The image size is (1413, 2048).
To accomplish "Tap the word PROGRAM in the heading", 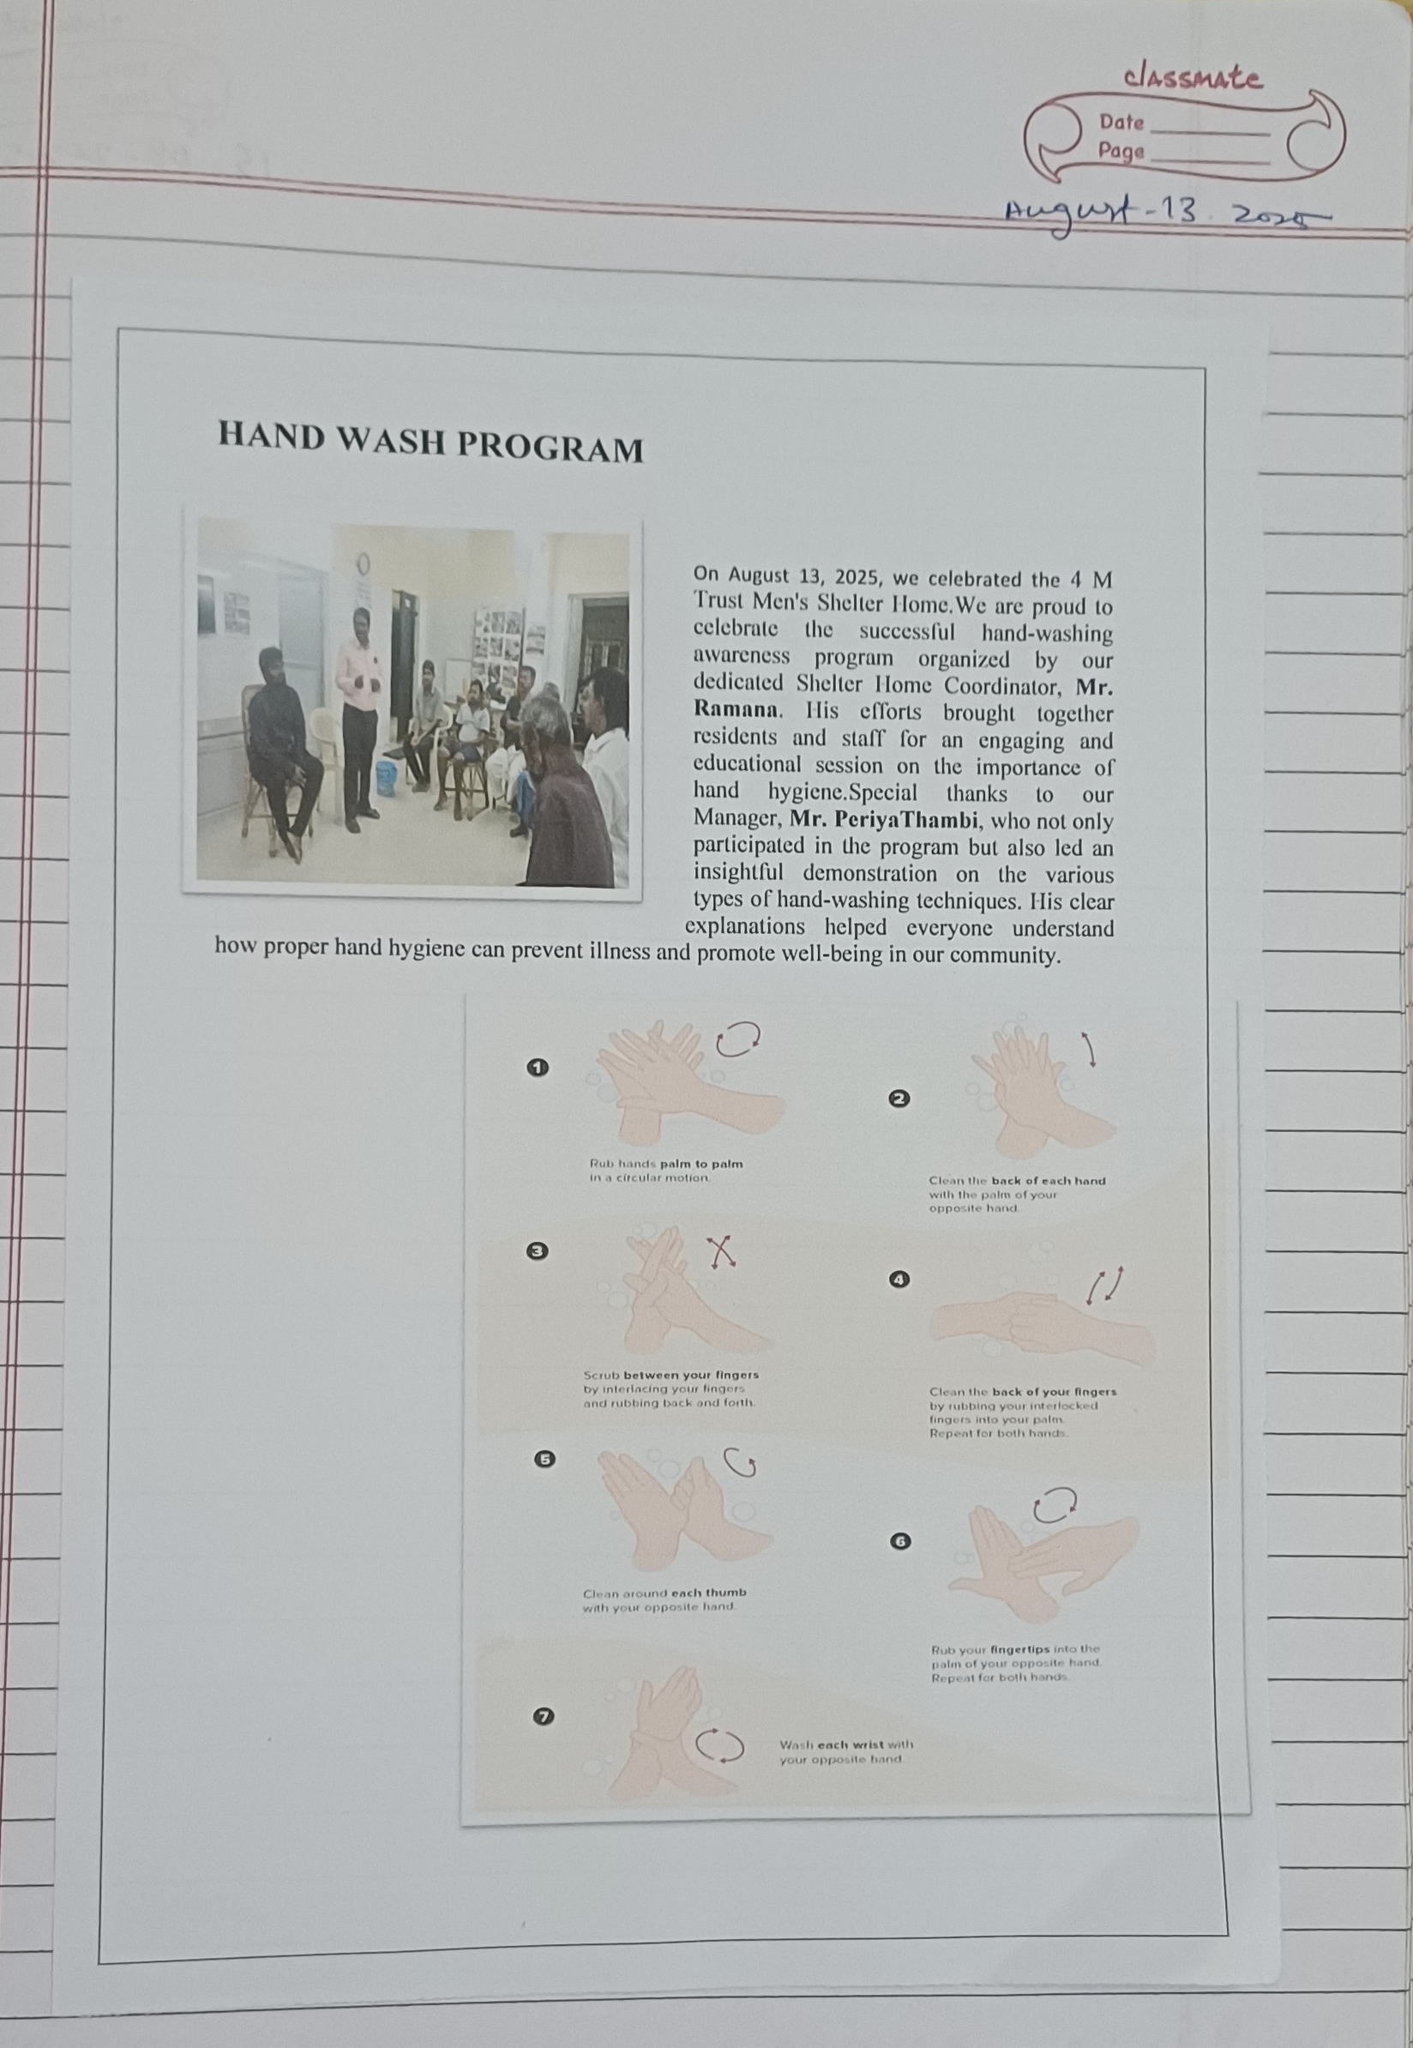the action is pyautogui.click(x=550, y=448).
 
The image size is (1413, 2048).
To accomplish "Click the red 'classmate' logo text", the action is pyautogui.click(x=1193, y=78).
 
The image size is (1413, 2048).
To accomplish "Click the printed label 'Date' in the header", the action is pyautogui.click(x=1121, y=122).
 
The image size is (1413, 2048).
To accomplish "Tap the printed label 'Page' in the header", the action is pyautogui.click(x=1121, y=152).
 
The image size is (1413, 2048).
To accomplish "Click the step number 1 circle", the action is pyautogui.click(x=538, y=1068).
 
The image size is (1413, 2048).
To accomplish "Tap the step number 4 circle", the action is pyautogui.click(x=899, y=1280).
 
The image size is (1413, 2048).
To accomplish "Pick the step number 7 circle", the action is pyautogui.click(x=544, y=1716).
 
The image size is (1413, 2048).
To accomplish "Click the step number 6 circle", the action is pyautogui.click(x=899, y=1541).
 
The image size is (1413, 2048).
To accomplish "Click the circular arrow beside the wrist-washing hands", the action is pyautogui.click(x=719, y=1744).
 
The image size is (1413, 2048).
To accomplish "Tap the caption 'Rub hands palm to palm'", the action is pyautogui.click(x=666, y=1164).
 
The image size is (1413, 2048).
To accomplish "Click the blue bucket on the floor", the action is pyautogui.click(x=386, y=776).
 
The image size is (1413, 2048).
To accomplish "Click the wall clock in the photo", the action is pyautogui.click(x=361, y=563).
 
